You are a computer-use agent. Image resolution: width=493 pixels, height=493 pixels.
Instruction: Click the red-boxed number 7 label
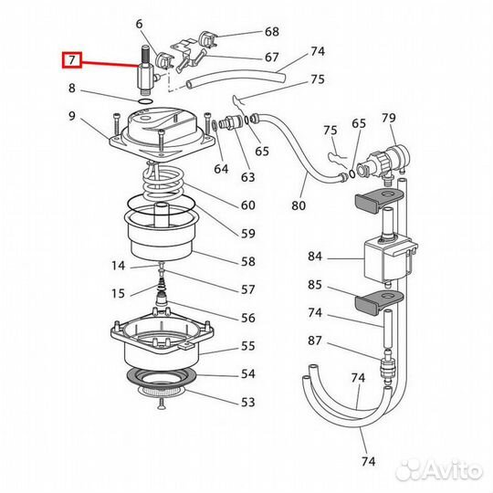tap(72, 59)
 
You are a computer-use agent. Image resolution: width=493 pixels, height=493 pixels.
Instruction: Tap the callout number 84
tap(315, 257)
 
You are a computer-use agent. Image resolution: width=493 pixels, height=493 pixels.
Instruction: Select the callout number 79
tap(389, 118)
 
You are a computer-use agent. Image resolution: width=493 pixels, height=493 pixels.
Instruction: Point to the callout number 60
tap(247, 205)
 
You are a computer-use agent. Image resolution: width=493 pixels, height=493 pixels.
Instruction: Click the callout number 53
tap(247, 402)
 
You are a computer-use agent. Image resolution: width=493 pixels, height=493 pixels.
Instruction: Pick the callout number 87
tap(315, 341)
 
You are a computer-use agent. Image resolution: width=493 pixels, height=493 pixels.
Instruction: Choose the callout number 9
tap(72, 116)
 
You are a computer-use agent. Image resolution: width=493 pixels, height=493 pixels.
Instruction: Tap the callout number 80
tap(299, 205)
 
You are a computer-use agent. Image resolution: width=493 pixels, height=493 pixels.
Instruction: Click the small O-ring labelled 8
tap(145, 101)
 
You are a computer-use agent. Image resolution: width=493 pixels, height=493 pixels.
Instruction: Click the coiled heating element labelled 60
tap(163, 183)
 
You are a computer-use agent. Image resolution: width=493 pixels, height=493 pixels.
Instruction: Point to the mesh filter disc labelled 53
tap(162, 391)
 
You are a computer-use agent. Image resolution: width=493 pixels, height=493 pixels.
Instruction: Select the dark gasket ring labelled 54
tap(162, 377)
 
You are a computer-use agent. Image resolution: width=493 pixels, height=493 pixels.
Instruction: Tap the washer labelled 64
tap(215, 125)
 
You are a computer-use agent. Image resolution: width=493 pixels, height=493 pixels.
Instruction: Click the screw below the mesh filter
tap(161, 404)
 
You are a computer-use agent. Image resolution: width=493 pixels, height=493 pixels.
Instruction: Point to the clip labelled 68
tap(207, 39)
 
